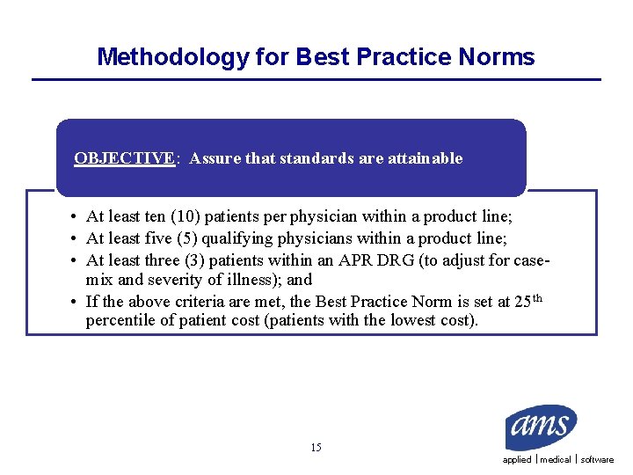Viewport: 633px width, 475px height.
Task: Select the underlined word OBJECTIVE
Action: point(125,158)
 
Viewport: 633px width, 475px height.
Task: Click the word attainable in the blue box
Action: point(425,158)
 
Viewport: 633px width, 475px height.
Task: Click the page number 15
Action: point(316,448)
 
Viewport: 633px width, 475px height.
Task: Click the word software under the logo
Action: point(597,460)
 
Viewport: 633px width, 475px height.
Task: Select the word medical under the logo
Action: point(556,460)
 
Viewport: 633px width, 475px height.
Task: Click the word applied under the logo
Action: point(517,460)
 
